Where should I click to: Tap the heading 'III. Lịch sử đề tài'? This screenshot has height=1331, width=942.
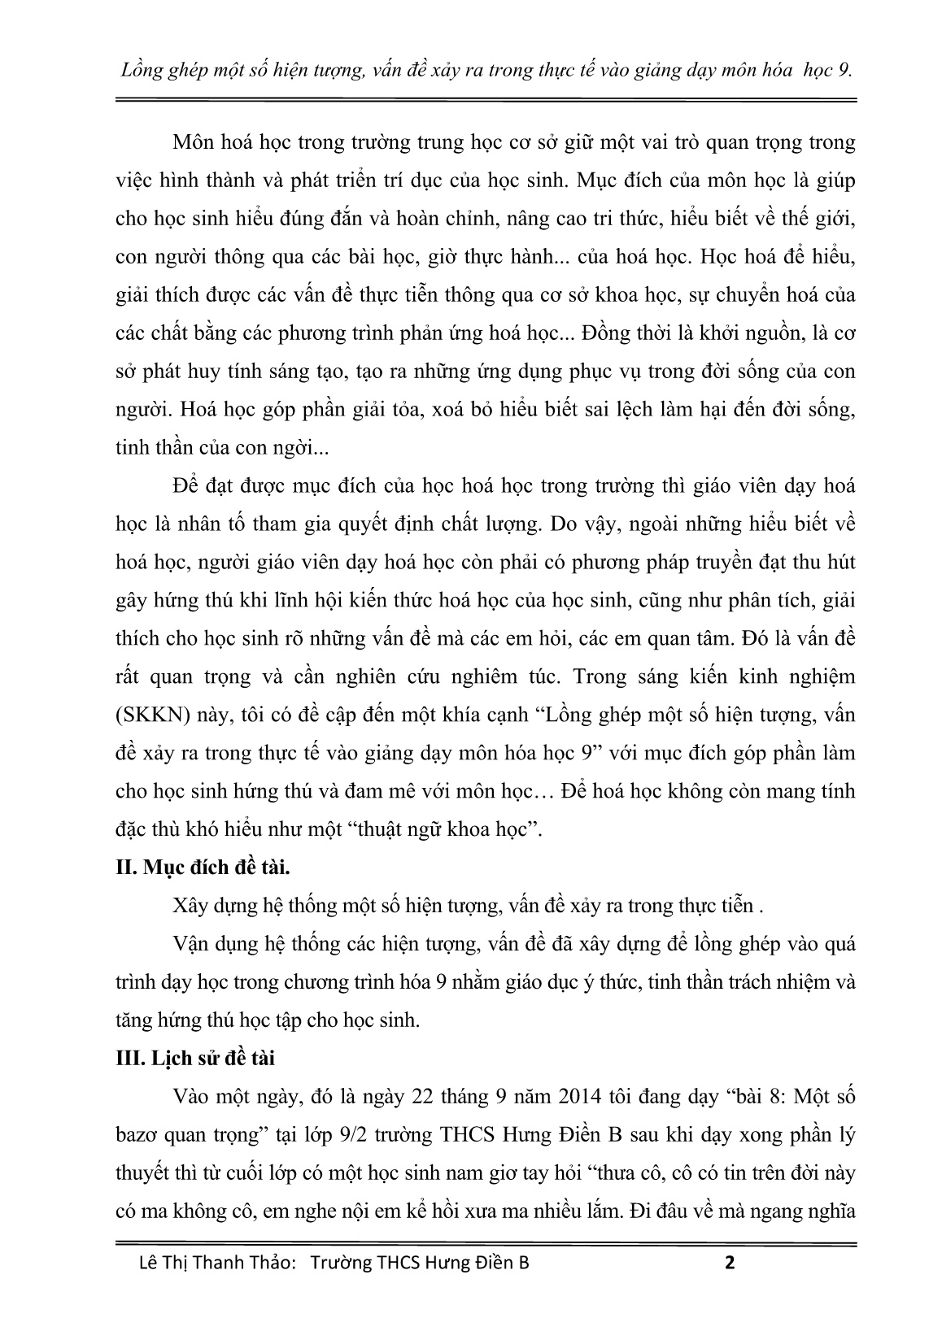click(196, 1059)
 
